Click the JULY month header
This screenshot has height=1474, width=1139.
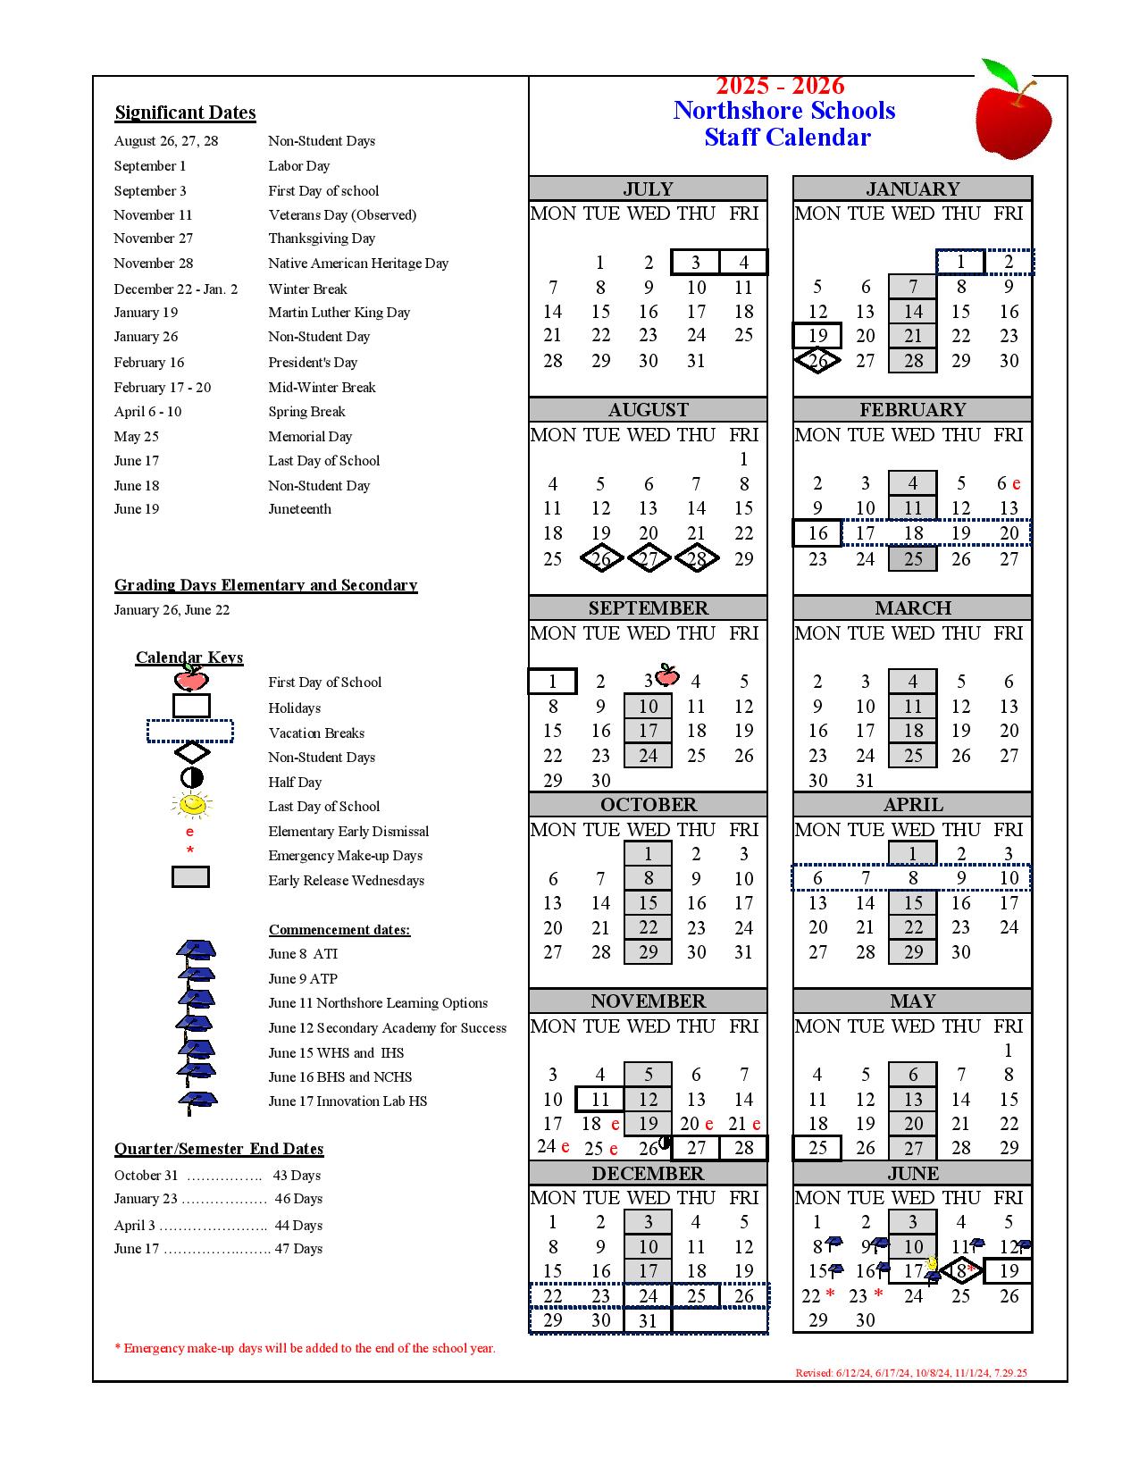[x=648, y=188]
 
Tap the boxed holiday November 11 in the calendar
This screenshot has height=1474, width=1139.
[x=599, y=1099]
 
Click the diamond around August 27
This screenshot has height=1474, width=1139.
[x=649, y=559]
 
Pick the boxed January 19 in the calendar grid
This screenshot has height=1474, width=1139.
[x=817, y=336]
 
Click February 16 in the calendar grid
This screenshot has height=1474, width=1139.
[x=817, y=533]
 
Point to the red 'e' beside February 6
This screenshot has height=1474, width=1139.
[x=1017, y=484]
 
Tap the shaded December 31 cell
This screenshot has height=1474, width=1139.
[x=648, y=1320]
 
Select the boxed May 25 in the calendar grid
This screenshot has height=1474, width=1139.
[x=817, y=1148]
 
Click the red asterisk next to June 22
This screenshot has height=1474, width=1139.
[x=831, y=1294]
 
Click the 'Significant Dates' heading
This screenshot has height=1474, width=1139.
[x=185, y=113]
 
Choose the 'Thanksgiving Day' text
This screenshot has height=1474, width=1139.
[x=322, y=239]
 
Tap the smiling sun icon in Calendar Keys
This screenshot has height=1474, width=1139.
[x=191, y=805]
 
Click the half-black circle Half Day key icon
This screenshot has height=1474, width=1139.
[x=191, y=778]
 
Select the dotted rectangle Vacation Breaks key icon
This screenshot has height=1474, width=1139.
[x=190, y=732]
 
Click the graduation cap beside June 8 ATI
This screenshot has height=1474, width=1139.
[x=196, y=951]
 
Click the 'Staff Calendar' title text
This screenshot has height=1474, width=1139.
[x=786, y=138]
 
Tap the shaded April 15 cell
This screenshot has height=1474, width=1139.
[x=912, y=903]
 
